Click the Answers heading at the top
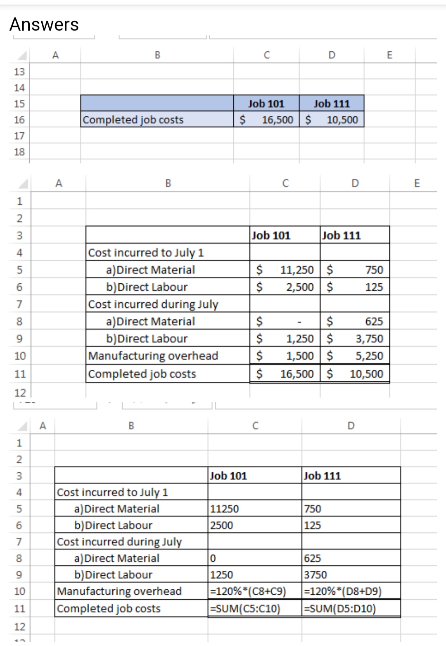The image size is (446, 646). (44, 24)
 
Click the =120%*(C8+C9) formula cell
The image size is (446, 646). (248, 591)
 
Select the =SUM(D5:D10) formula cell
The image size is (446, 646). (340, 608)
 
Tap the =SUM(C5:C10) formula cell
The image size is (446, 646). (245, 608)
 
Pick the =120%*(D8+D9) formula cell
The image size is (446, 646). (343, 591)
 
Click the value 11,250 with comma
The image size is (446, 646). (297, 270)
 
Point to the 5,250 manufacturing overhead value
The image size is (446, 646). (370, 356)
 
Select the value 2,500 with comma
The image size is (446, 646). (300, 287)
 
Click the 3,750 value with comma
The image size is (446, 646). (370, 339)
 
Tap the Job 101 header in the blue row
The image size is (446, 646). (266, 103)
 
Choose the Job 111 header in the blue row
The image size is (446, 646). (332, 103)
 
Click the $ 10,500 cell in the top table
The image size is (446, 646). (332, 120)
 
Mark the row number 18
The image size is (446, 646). (19, 152)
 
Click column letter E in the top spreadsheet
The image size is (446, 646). (389, 55)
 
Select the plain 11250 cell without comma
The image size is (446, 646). (225, 509)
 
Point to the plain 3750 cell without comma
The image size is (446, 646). (316, 575)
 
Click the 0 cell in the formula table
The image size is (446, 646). (213, 558)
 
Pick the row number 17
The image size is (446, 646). (19, 136)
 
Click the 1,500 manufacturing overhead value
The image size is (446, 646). (300, 356)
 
